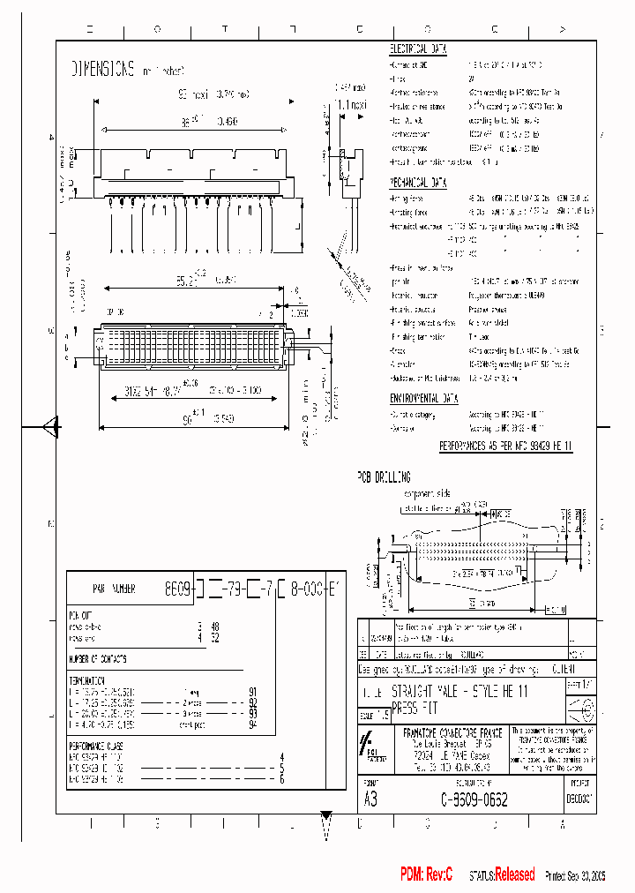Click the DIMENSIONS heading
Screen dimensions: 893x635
(x=102, y=69)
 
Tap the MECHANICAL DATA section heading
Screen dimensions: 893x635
(x=419, y=183)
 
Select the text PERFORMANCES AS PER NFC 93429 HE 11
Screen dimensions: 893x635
(x=505, y=447)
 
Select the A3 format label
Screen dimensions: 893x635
(x=370, y=799)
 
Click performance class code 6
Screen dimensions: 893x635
(x=281, y=779)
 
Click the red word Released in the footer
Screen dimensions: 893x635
(x=514, y=874)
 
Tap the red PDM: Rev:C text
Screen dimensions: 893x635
(x=426, y=874)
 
